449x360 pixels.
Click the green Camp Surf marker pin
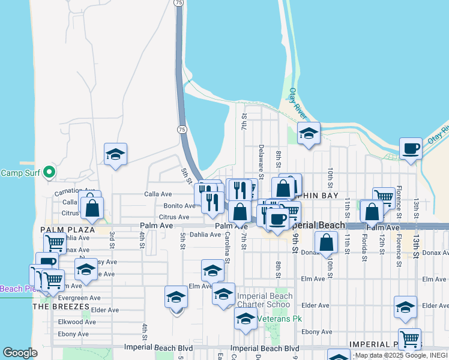click(x=50, y=173)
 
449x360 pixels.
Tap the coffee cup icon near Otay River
click(x=411, y=148)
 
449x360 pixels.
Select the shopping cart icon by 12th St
click(x=384, y=197)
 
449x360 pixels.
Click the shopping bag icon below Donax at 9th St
click(x=326, y=242)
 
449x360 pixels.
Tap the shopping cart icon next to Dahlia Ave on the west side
click(x=55, y=244)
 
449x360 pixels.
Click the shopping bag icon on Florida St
click(x=372, y=212)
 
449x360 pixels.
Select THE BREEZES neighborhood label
click(x=61, y=306)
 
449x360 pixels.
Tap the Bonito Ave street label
click(x=179, y=205)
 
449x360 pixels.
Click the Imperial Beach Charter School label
click(x=265, y=300)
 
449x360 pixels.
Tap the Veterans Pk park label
click(x=279, y=318)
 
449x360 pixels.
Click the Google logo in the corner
click(x=20, y=353)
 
